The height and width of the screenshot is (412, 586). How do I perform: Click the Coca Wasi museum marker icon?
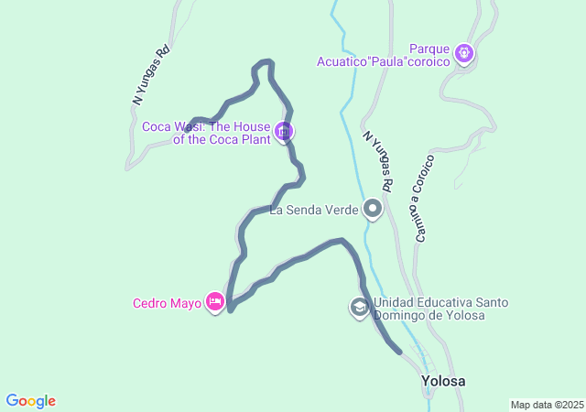click(x=284, y=132)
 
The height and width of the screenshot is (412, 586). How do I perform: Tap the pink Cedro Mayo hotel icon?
click(x=215, y=301)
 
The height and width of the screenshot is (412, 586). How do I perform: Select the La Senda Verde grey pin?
click(x=373, y=210)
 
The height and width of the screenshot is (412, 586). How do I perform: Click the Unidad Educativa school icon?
click(x=359, y=308)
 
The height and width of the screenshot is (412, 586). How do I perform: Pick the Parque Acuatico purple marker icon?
click(x=465, y=54)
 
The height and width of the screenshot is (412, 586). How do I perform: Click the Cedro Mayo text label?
click(x=167, y=304)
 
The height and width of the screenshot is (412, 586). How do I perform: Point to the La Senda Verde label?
click(x=313, y=211)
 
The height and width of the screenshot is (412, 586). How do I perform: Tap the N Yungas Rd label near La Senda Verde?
click(x=377, y=161)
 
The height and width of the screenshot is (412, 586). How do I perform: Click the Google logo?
click(x=30, y=401)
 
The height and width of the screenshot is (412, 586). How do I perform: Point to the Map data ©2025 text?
click(x=547, y=405)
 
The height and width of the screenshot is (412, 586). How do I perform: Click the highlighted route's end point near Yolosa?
click(x=399, y=351)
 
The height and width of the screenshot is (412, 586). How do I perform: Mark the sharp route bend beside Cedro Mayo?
click(x=230, y=309)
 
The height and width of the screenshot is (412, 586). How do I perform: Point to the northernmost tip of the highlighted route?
click(x=265, y=61)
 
